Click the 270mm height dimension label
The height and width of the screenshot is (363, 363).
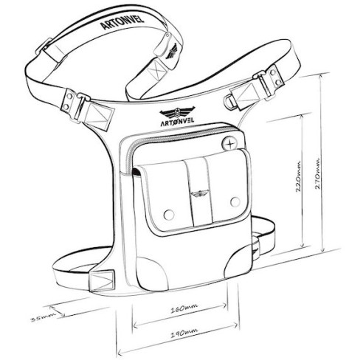pos(317,173)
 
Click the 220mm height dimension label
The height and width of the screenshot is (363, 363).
pos(297,176)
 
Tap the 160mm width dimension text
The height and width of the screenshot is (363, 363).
pos(184,308)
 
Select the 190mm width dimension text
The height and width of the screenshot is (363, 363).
pos(184,333)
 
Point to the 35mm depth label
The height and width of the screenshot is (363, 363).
pos(41,317)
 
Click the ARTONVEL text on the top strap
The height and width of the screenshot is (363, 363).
pos(122,23)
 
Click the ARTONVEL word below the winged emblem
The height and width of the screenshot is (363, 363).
pos(177,121)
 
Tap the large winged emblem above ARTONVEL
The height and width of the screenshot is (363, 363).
pos(177,112)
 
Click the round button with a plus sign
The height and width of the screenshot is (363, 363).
pos(230,144)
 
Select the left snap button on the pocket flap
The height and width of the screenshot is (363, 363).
pos(169,215)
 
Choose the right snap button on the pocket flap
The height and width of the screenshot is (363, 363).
pos(235,201)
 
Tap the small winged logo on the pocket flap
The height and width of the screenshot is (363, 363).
pos(199,193)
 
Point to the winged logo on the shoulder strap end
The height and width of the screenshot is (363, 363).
pos(172,51)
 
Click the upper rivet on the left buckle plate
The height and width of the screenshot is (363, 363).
pos(69,96)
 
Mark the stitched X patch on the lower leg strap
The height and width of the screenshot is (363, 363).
pos(102,281)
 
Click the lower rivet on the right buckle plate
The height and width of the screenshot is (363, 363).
pos(279,82)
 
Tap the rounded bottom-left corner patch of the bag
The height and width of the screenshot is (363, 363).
pos(152,273)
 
